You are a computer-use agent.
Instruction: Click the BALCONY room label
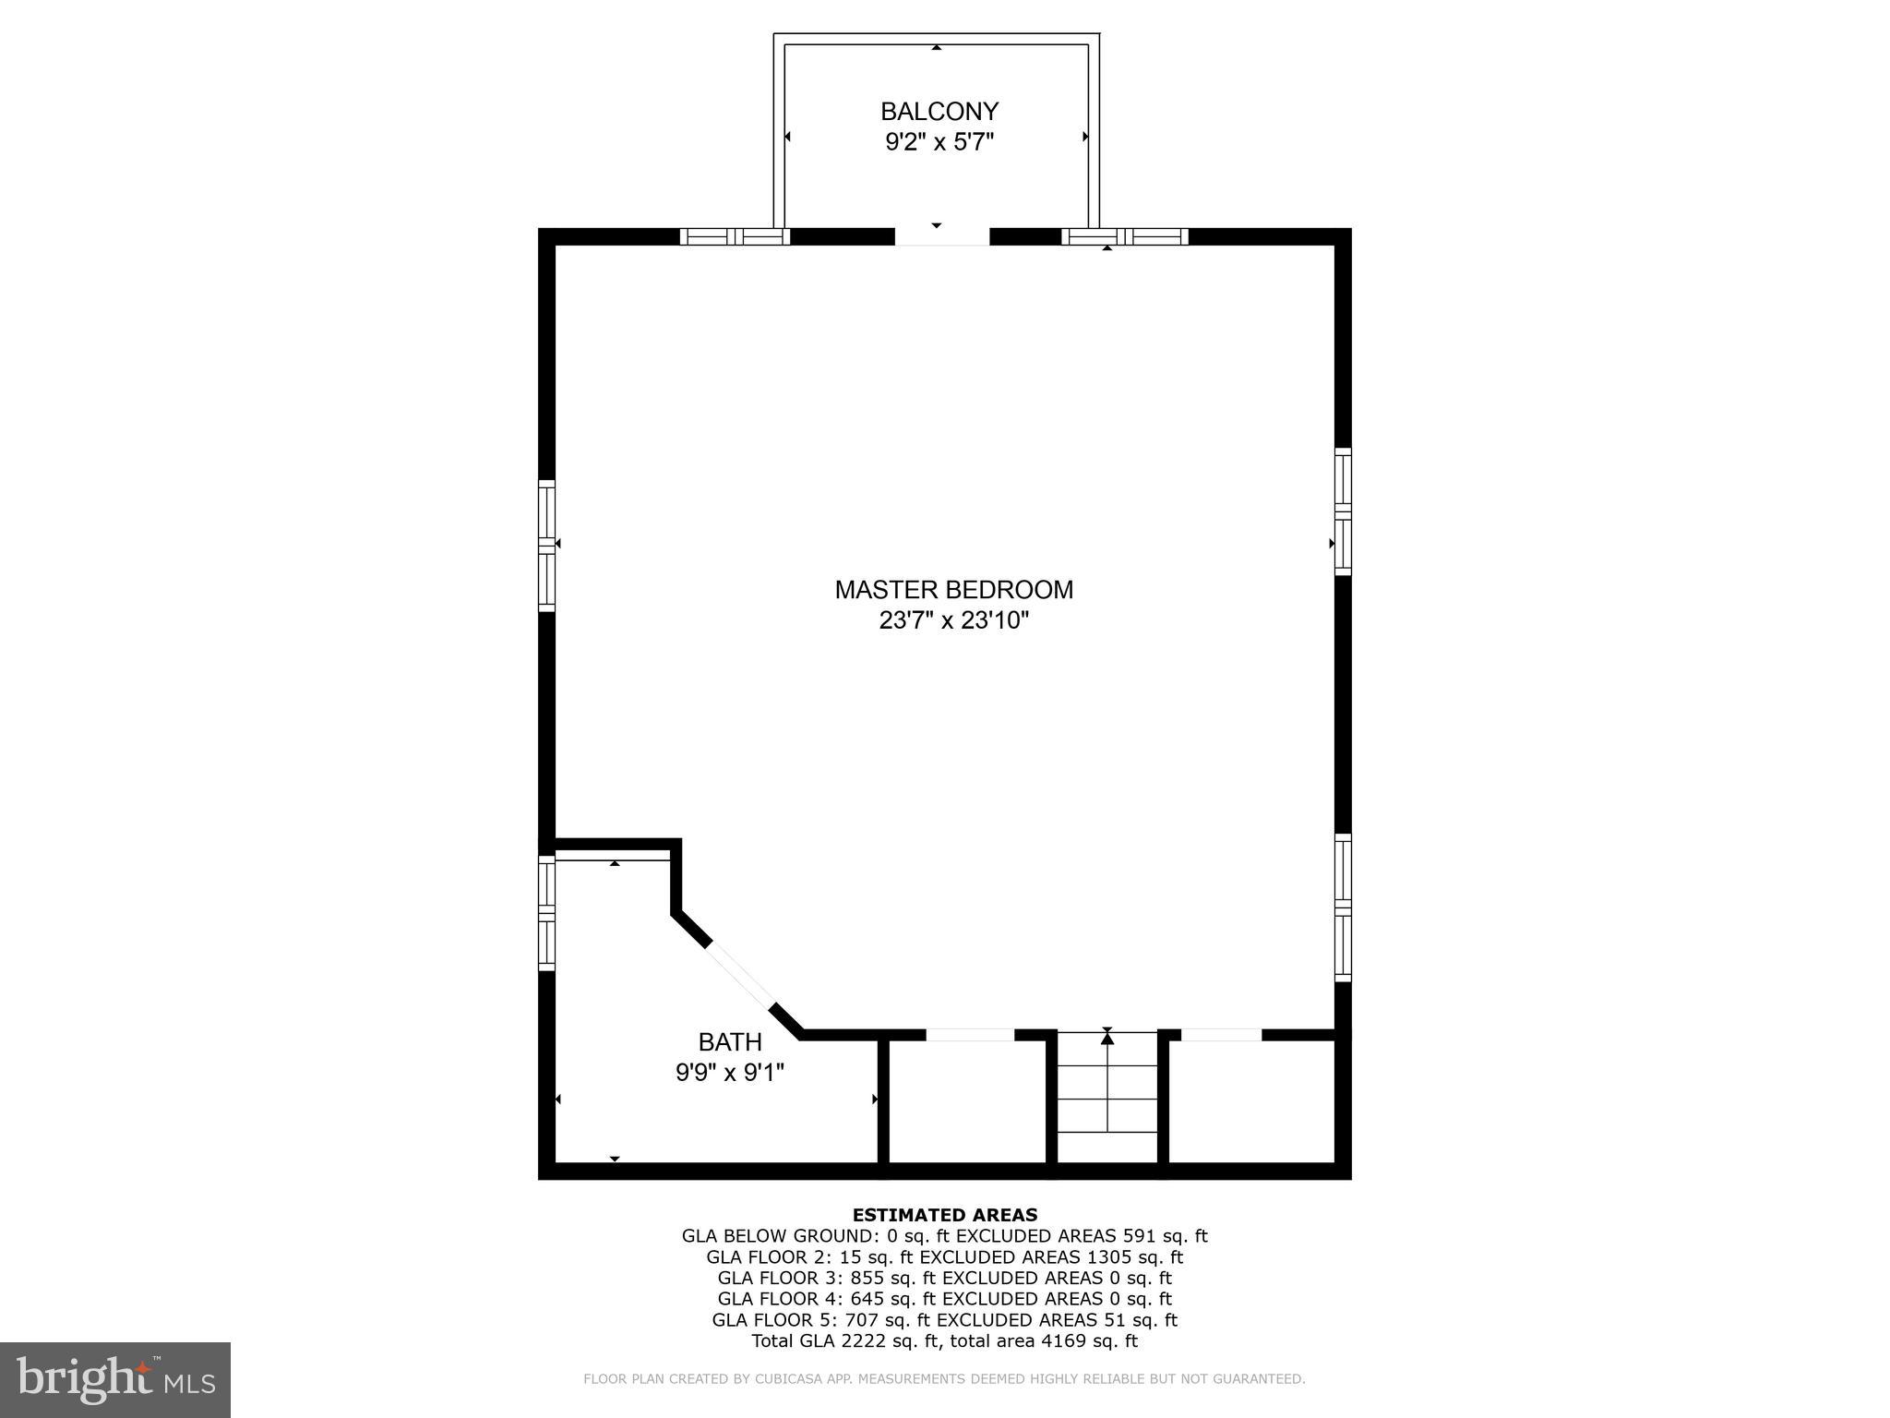pos(939,112)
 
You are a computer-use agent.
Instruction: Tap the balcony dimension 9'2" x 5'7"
pos(939,142)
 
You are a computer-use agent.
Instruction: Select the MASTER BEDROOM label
pos(953,590)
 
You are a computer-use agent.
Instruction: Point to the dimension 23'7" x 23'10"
pos(953,620)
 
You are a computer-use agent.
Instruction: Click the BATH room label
pos(730,1042)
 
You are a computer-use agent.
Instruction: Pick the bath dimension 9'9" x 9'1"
pos(730,1073)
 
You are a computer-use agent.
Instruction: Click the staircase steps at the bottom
pos(1106,1099)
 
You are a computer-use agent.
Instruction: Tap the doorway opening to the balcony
pos(941,237)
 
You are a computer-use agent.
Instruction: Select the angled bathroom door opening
pos(740,977)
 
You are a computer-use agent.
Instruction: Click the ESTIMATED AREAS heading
pos(944,1215)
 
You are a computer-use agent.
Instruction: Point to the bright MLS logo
pos(115,1379)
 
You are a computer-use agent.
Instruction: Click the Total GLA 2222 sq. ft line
pos(944,1341)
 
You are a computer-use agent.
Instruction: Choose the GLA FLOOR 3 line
pos(944,1279)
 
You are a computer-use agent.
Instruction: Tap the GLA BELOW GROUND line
pos(944,1236)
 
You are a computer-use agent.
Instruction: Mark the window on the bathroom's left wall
pos(546,913)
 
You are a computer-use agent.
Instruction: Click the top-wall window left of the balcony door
pos(736,236)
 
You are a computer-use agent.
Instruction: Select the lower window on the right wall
pos(1343,907)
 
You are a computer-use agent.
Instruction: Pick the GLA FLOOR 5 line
pos(944,1320)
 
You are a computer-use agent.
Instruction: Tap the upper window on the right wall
pos(1343,511)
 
